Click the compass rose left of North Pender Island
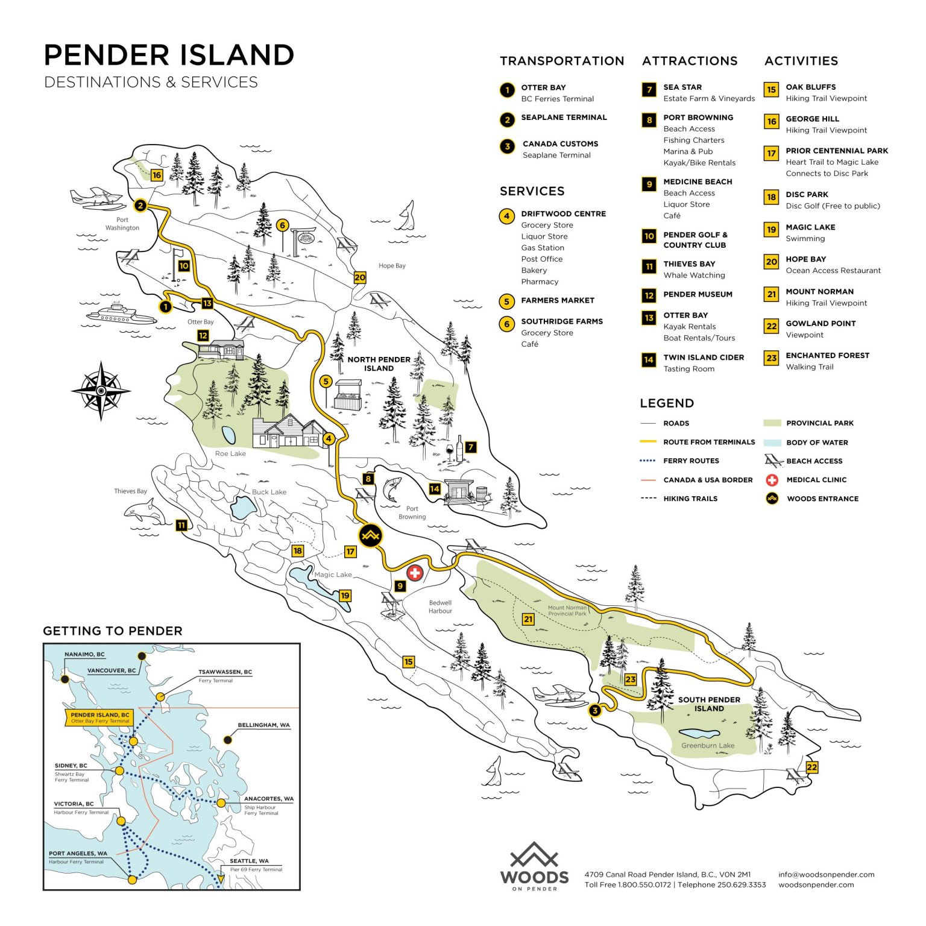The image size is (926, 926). point(101,391)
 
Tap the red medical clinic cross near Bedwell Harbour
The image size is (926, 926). point(415,573)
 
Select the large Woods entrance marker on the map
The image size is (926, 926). point(370,535)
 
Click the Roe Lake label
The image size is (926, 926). point(230,453)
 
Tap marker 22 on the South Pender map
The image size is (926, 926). point(812,767)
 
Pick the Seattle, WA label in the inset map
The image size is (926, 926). point(249,861)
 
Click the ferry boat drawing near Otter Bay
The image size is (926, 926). point(121,313)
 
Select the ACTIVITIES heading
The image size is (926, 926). point(801,61)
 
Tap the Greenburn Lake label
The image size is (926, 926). point(708,746)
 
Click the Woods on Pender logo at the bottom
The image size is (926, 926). point(534,866)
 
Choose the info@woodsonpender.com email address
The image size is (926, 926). point(826,874)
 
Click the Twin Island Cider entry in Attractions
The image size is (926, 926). point(703,357)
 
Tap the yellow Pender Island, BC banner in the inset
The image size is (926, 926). point(99,717)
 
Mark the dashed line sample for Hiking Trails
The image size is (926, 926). point(648,499)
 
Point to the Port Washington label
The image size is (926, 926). point(122,224)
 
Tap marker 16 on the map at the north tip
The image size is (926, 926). point(157,175)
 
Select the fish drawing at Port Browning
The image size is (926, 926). point(392,489)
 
